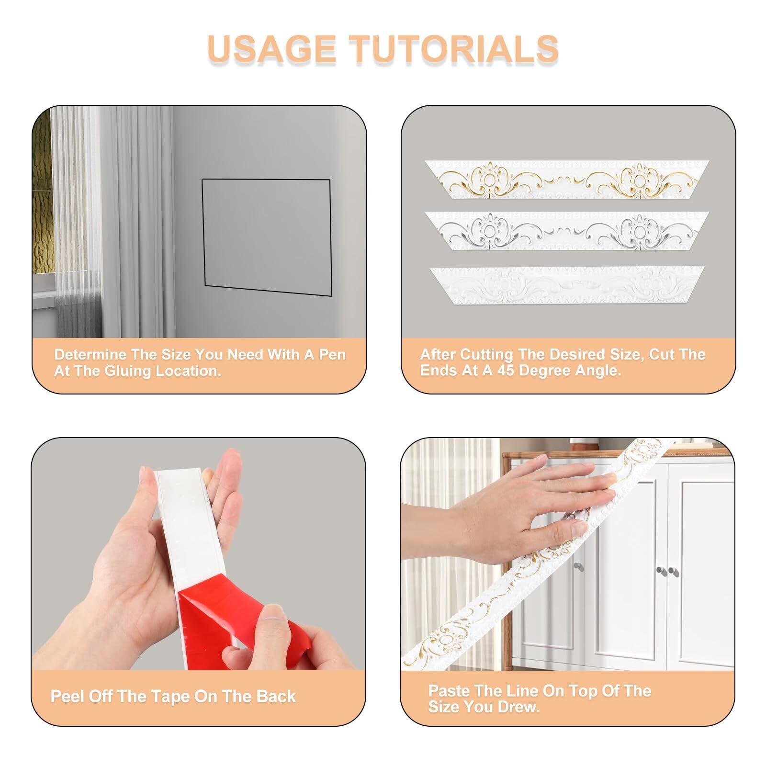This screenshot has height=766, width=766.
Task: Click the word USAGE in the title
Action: click(x=272, y=49)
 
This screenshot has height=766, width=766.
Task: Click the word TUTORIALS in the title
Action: click(x=454, y=49)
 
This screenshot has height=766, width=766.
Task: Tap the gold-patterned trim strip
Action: click(x=567, y=180)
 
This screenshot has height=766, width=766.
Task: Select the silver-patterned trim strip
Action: click(x=567, y=231)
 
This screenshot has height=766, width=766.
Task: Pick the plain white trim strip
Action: click(x=567, y=285)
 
